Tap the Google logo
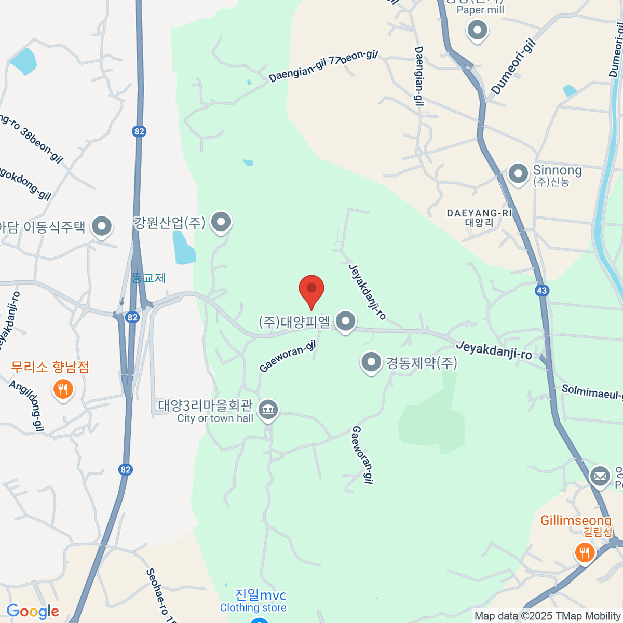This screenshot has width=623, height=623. (x=33, y=612)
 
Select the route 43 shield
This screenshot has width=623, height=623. (x=542, y=290)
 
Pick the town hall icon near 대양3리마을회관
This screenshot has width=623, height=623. (x=268, y=410)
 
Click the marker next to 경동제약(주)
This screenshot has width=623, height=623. (x=371, y=362)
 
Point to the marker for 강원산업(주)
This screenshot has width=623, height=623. (x=222, y=222)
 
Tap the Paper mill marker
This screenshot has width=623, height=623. (x=477, y=30)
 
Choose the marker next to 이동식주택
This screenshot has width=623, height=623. (x=102, y=226)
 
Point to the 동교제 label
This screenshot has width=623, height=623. (x=148, y=278)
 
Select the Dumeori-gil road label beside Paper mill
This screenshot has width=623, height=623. (x=513, y=67)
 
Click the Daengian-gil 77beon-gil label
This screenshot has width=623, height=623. (x=323, y=66)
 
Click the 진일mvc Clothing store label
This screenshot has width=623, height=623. (x=253, y=600)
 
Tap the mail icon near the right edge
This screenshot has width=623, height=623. (x=600, y=475)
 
